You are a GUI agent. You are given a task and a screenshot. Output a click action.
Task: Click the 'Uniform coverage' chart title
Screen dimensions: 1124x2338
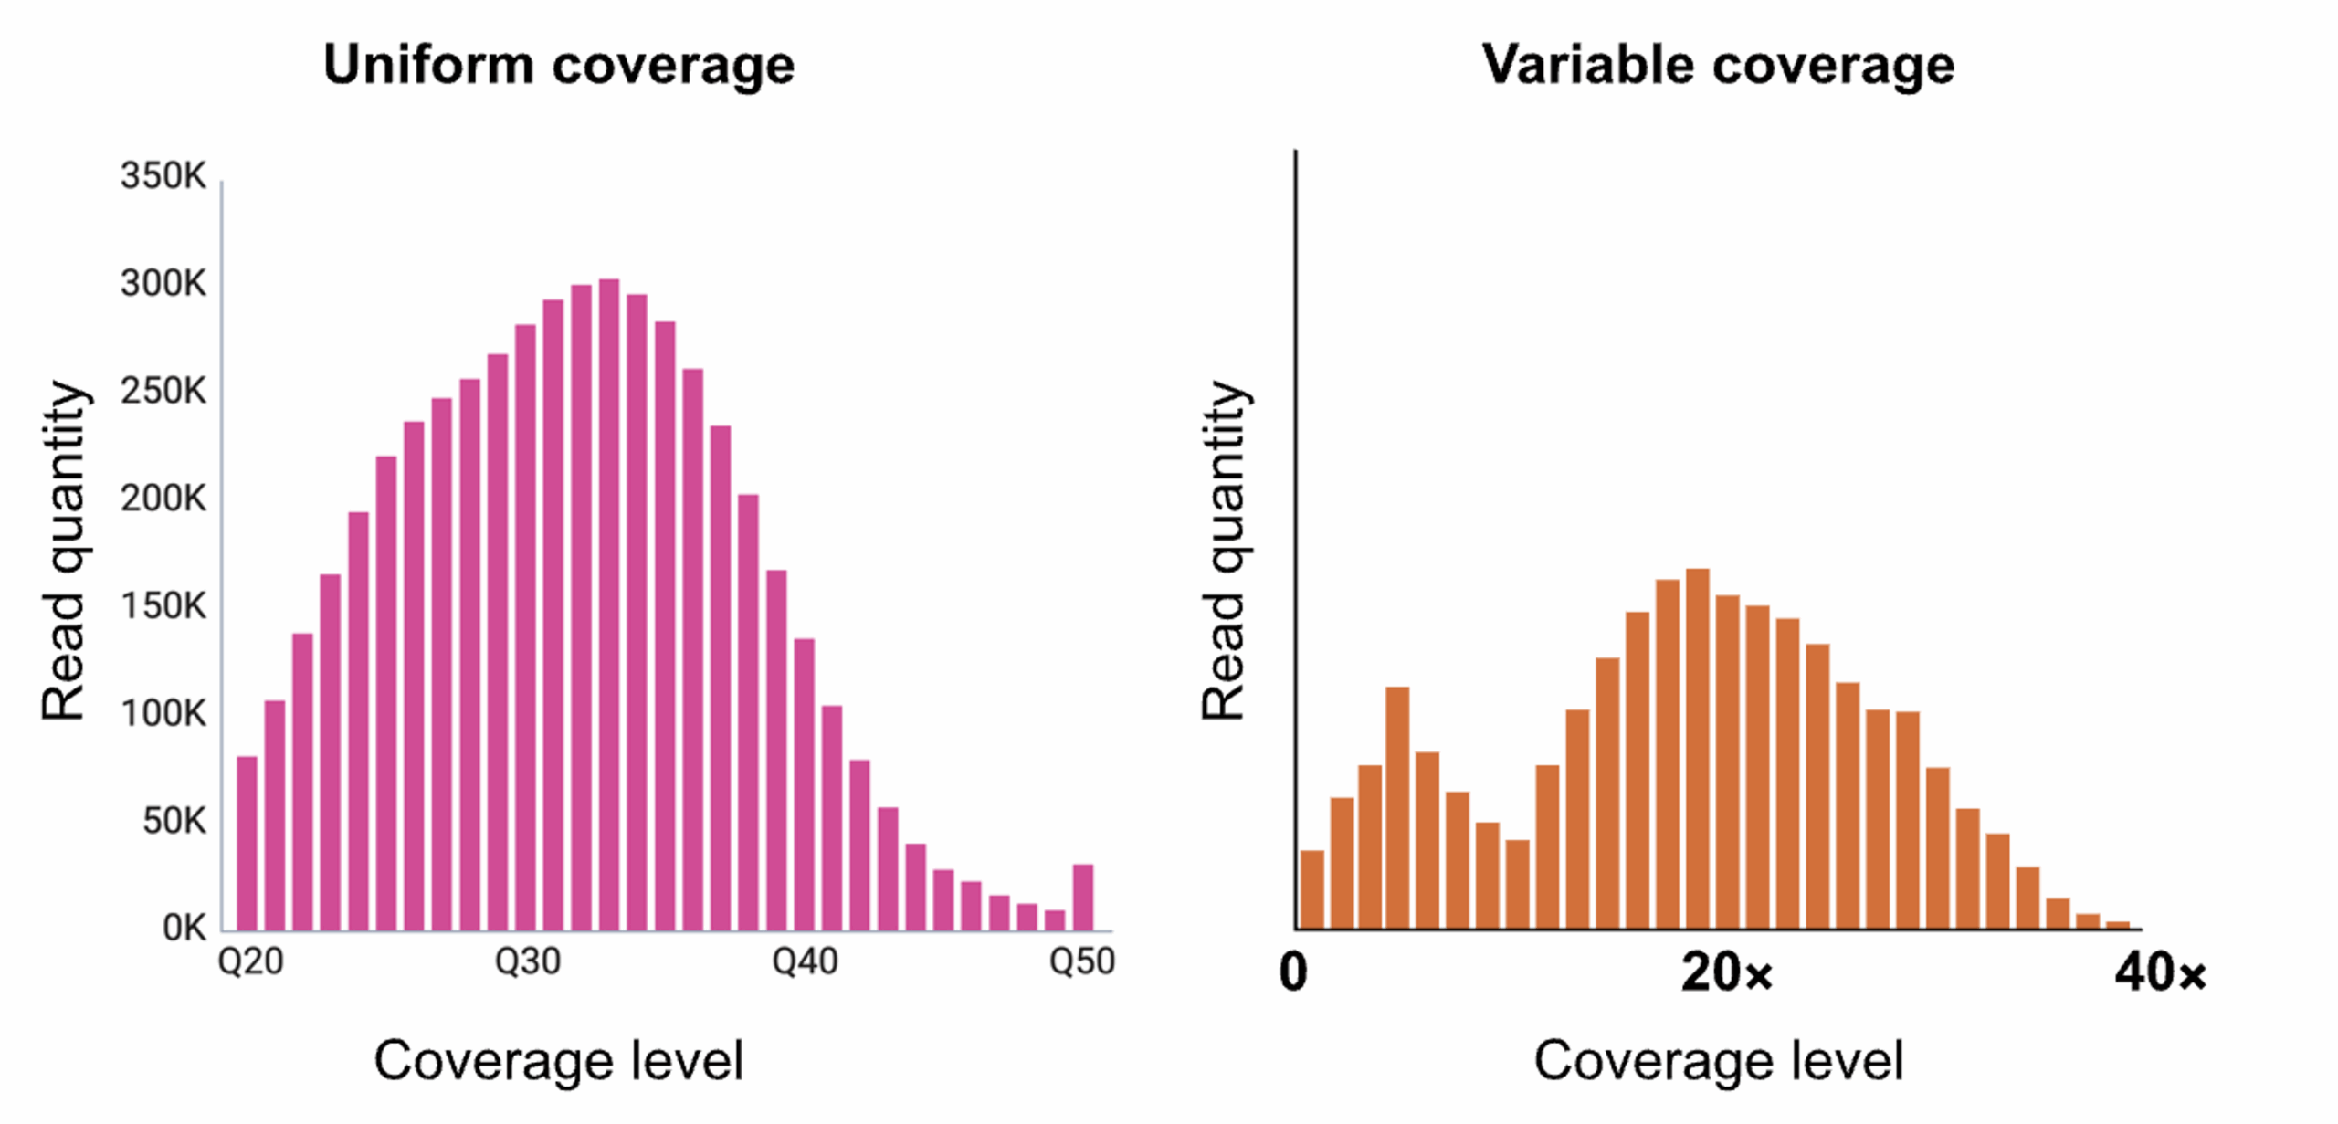point(559,66)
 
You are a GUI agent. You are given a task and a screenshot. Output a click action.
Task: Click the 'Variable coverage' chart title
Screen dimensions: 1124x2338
point(1717,66)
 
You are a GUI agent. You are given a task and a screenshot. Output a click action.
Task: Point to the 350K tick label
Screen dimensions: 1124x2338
point(163,176)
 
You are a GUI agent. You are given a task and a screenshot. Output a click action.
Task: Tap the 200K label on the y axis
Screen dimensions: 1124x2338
point(163,499)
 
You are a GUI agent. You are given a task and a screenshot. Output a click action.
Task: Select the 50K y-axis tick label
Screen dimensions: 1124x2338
point(174,822)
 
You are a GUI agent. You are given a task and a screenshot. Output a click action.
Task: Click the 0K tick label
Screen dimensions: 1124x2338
point(184,929)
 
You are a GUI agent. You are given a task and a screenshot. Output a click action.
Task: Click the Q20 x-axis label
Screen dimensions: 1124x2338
point(250,961)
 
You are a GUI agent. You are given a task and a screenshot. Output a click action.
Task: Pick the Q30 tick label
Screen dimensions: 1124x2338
point(527,961)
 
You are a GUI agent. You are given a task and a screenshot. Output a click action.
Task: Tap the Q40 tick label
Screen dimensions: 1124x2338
point(805,961)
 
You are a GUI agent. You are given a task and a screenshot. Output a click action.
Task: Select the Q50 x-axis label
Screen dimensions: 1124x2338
point(1082,961)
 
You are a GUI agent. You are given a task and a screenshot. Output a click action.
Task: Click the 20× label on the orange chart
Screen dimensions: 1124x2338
point(1725,972)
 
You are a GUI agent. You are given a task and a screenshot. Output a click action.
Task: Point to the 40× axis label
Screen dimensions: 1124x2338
point(2159,972)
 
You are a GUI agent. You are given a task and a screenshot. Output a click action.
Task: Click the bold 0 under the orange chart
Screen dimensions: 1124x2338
point(1293,972)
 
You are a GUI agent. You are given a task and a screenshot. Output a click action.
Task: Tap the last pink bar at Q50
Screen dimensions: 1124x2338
point(1082,898)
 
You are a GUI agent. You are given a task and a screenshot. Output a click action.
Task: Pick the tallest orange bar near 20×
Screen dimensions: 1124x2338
point(1697,749)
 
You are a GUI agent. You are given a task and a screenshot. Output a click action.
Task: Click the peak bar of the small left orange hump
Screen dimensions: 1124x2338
point(1396,808)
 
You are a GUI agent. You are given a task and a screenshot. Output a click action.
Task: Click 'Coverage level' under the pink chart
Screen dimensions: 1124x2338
point(559,1061)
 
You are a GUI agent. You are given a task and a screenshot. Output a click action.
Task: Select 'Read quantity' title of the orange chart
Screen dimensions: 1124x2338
point(1224,551)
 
